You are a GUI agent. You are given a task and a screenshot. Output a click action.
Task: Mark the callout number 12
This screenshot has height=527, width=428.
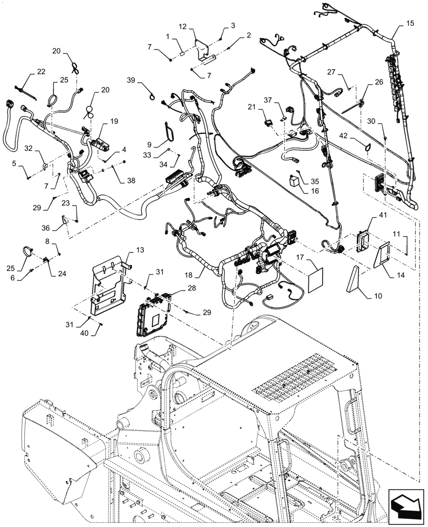182,27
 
